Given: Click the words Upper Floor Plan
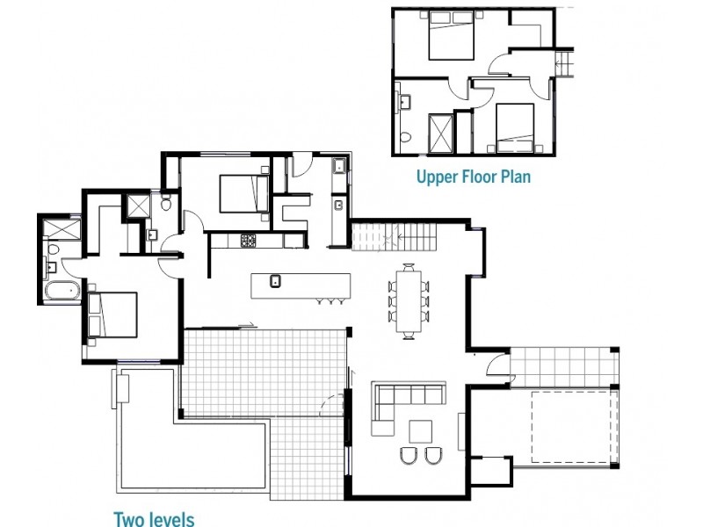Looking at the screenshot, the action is click(x=474, y=177).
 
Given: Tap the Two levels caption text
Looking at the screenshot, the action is click(x=154, y=519).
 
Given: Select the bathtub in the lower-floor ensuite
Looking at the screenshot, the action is click(x=62, y=291).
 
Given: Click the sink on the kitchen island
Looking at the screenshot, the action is click(x=275, y=281).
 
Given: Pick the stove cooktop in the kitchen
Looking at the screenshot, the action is click(x=248, y=241).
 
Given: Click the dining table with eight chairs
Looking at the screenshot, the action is click(x=409, y=301).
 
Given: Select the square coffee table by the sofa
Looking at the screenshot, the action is click(x=421, y=431).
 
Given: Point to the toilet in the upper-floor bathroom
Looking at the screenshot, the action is click(x=406, y=137).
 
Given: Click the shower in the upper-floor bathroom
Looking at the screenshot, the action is click(x=441, y=133).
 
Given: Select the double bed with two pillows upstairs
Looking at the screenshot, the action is click(x=452, y=35).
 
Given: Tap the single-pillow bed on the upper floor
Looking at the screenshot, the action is click(x=515, y=128).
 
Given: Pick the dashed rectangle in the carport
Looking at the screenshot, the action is click(x=570, y=427).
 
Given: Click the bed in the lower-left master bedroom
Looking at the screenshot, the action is click(x=112, y=314).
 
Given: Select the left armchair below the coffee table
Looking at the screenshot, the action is click(x=408, y=455).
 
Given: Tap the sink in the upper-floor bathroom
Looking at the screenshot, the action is click(x=406, y=102).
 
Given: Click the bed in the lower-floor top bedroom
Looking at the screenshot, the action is click(x=244, y=193).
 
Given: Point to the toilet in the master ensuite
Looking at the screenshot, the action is click(x=54, y=250).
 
